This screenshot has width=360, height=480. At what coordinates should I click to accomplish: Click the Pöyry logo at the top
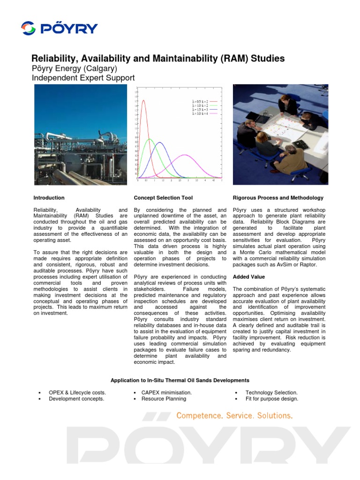click(x=60, y=28)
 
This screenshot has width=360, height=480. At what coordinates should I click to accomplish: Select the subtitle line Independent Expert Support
click(x=83, y=78)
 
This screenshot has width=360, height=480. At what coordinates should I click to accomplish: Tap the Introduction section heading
click(x=49, y=198)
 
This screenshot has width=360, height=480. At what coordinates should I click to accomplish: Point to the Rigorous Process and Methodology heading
click(x=277, y=198)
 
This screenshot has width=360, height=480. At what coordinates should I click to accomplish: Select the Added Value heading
click(x=248, y=277)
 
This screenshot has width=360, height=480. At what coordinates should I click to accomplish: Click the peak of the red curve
click(x=143, y=100)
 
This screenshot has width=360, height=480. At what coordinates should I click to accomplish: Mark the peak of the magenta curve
click(x=186, y=155)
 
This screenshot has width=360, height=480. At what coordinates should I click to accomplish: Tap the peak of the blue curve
click(x=160, y=142)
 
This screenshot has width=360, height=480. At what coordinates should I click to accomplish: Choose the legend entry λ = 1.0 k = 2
click(x=199, y=105)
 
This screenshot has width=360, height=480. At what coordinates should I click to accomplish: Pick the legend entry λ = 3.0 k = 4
click(x=199, y=113)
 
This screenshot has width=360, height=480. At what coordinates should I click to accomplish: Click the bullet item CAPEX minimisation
click(x=166, y=392)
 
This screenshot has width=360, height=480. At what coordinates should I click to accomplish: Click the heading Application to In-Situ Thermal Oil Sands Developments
click(x=180, y=380)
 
